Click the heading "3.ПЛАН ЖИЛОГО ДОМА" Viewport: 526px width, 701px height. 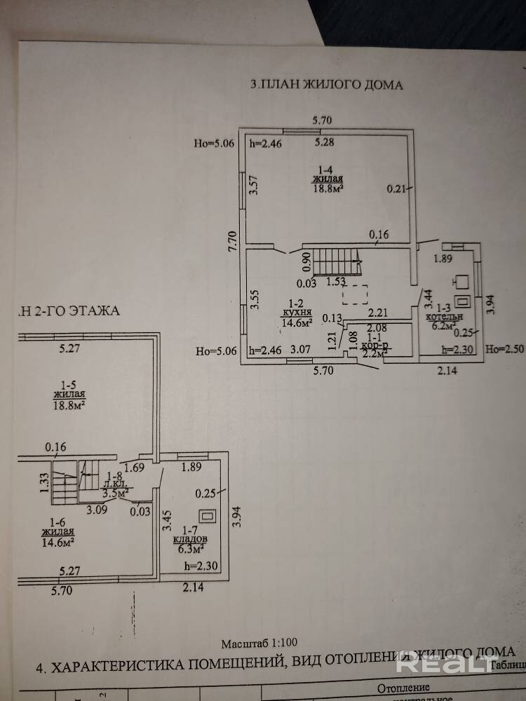[327, 86]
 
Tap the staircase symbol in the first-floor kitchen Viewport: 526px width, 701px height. [336, 263]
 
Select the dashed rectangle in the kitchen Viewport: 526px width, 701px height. [356, 295]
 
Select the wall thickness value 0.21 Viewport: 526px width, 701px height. [397, 188]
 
